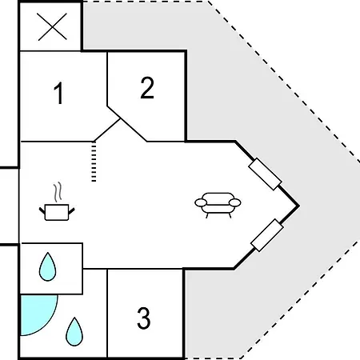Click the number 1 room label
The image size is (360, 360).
click(58, 93)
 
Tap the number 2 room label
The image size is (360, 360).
click(147, 87)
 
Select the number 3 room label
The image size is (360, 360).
click(144, 318)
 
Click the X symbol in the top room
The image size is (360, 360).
click(52, 26)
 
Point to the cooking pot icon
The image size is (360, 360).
click(57, 212)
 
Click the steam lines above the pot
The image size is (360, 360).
click(58, 192)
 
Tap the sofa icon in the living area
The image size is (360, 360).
click(218, 205)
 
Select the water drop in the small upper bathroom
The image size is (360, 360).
click(47, 266)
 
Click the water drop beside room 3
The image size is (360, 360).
click(74, 331)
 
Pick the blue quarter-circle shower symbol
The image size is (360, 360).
click(38, 314)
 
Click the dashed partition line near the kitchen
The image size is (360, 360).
click(94, 162)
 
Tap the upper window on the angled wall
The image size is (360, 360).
click(265, 174)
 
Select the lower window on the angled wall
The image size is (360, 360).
click(267, 235)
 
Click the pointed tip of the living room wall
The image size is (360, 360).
click(298, 206)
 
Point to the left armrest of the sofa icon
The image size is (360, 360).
click(201, 202)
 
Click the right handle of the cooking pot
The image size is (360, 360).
click(71, 211)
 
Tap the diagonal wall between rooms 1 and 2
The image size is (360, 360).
click(107, 130)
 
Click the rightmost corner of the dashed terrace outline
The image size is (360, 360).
click(359, 162)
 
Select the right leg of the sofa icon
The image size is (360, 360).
click(230, 215)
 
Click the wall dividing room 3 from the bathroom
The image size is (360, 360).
click(107, 313)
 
